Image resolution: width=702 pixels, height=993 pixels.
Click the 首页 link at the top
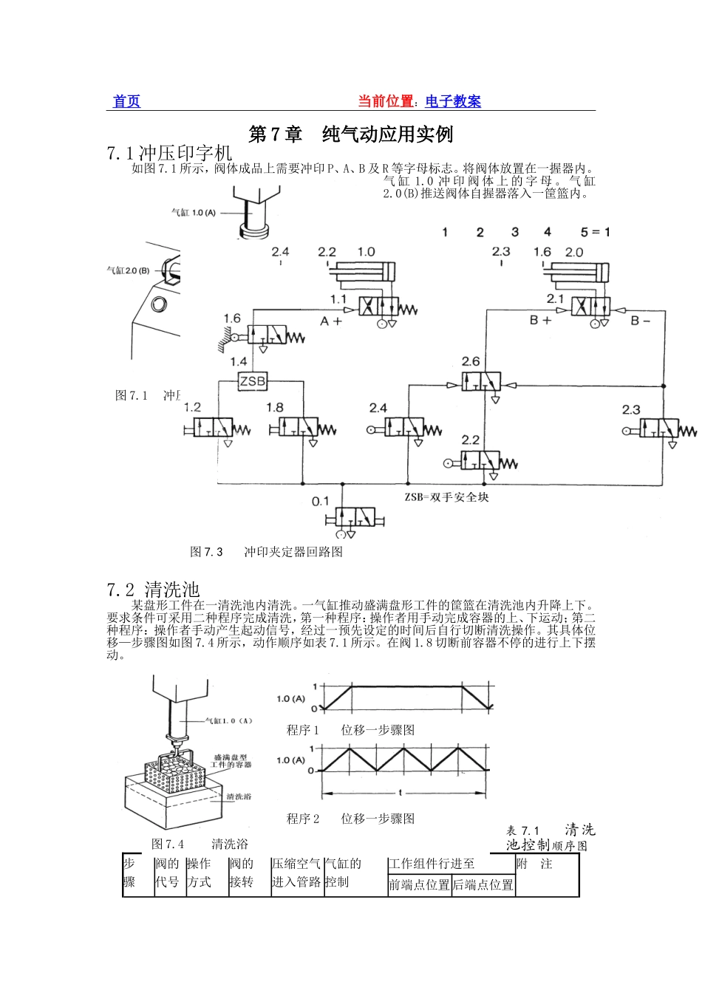pos(126,102)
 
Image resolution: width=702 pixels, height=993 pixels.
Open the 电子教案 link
pos(453,102)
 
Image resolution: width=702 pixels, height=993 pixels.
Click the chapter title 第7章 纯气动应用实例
pos(350,134)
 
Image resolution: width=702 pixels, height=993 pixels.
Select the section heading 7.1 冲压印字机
pos(169,153)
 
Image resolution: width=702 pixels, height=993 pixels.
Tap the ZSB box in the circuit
pos(252,381)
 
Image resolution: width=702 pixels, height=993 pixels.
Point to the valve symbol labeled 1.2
pos(213,427)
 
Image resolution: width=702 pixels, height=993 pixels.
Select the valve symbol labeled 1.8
pos(299,427)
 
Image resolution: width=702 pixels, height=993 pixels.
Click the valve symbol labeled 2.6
pos(482,382)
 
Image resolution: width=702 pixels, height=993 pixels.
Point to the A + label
pos(331,322)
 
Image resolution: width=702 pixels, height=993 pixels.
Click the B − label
pos(641,321)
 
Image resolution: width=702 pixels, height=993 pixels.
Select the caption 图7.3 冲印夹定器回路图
pos(267,552)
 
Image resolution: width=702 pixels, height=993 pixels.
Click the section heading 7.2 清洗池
pos(153,590)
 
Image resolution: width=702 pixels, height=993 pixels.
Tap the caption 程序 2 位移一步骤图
pos(350,819)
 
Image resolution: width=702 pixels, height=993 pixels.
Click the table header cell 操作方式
pos(200,873)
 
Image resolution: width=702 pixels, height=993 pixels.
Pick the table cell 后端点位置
pos(483,885)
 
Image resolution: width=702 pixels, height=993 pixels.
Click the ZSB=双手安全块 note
pos(446,497)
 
